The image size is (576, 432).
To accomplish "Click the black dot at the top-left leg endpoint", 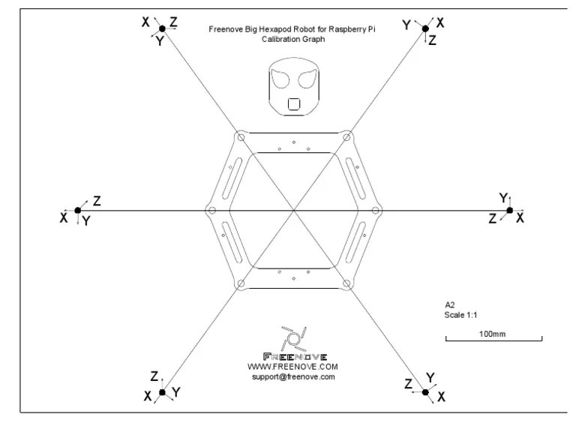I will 161,28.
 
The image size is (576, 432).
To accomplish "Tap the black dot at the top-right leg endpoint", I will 425,28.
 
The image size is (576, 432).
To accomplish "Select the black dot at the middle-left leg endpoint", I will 78,211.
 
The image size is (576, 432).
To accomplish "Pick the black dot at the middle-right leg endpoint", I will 510,211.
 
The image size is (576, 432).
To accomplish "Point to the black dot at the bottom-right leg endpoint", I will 425,392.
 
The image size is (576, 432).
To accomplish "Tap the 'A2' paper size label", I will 450,305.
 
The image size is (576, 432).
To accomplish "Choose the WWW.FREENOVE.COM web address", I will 293,367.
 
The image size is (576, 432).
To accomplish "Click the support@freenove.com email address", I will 293,377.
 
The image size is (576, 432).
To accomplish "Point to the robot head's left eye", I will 283,79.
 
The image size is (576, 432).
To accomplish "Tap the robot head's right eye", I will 304,79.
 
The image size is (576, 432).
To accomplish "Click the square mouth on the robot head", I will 294,103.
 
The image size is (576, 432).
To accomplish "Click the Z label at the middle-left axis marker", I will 97,201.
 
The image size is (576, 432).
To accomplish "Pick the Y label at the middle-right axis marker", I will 504,197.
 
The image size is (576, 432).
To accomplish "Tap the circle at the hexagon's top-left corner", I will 241,137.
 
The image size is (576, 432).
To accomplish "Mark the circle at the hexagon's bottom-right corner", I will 346,283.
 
